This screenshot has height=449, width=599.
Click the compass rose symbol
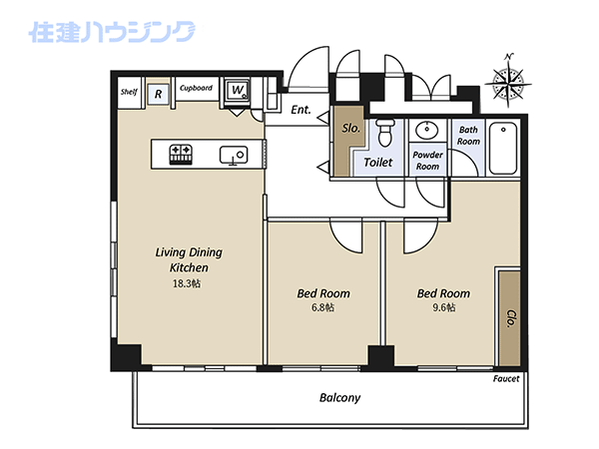pyautogui.click(x=508, y=81)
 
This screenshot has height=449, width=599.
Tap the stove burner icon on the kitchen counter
pyautogui.click(x=181, y=155)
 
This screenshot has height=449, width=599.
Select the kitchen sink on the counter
pyautogui.click(x=234, y=155)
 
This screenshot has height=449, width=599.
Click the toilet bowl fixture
pyautogui.click(x=384, y=132)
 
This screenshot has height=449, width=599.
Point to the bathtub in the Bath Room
pyautogui.click(x=503, y=148)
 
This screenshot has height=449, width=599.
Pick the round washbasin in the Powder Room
pyautogui.click(x=426, y=131)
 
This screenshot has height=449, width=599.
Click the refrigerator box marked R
pyautogui.click(x=158, y=94)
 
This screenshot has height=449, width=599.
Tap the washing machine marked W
pyautogui.click(x=238, y=91)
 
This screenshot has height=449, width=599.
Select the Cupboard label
pyautogui.click(x=196, y=88)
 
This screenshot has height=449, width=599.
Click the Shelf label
pyautogui.click(x=129, y=92)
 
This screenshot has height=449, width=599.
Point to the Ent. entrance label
pyautogui.click(x=300, y=110)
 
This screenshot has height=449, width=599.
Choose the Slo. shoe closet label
pyautogui.click(x=350, y=128)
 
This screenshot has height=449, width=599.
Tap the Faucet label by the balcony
pyautogui.click(x=506, y=379)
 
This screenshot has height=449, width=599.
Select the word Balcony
pyautogui.click(x=339, y=398)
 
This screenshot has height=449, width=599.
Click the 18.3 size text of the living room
pyautogui.click(x=187, y=283)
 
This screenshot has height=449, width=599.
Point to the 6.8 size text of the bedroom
pyautogui.click(x=322, y=307)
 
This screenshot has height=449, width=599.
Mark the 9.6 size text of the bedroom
pyautogui.click(x=443, y=307)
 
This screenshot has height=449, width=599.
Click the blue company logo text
pyautogui.click(x=112, y=32)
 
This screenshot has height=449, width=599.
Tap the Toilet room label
pyautogui.click(x=377, y=163)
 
